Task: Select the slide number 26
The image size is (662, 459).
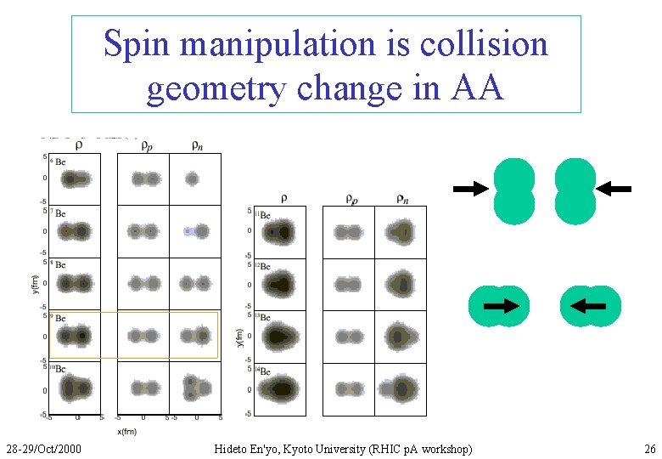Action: point(649,448)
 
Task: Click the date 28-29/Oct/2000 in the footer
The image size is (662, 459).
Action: point(43,448)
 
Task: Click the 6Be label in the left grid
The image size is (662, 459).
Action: point(59,161)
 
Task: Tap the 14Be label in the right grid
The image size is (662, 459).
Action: point(264,372)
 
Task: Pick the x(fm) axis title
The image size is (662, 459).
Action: point(126,431)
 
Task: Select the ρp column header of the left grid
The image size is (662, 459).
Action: point(146,145)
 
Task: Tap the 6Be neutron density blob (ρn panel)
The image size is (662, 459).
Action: point(192,179)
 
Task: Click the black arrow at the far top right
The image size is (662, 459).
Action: point(615,189)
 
